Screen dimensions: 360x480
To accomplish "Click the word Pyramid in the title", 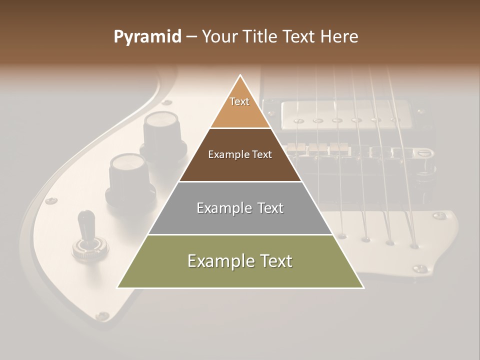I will [x=147, y=37].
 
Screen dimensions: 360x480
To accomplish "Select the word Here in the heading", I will [x=339, y=37].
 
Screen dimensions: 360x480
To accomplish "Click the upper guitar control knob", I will [x=160, y=129].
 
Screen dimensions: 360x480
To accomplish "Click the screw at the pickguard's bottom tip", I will [x=103, y=316].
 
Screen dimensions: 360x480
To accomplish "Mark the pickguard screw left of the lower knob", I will [x=51, y=201].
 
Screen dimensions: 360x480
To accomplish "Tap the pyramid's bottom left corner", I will [x=117, y=288].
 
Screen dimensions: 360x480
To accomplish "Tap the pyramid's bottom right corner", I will [x=364, y=288].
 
